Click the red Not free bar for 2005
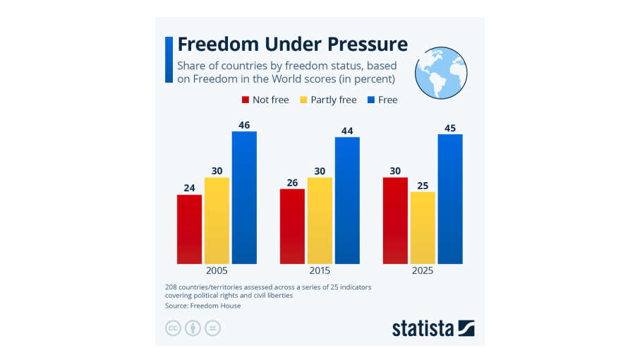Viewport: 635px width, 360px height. point(189,229)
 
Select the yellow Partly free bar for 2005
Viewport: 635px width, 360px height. point(217,220)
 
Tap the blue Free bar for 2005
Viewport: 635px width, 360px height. point(244,198)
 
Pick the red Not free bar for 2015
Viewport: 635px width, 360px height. point(292,226)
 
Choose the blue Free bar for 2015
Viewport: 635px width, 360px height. point(347,200)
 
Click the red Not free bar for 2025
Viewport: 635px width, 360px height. point(395,220)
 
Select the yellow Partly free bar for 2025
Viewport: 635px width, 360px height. point(423,227)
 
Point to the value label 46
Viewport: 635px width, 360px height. point(244,125)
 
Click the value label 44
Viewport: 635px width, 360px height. point(347,131)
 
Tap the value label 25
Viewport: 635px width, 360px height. point(423,186)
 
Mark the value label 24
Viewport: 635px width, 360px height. point(189,188)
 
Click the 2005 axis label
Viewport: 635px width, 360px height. point(217,271)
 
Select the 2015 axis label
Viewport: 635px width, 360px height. point(320,271)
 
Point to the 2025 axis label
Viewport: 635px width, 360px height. point(423,271)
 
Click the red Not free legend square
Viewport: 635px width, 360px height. point(246,100)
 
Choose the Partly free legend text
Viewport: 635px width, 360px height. point(333,100)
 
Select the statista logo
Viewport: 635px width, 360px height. point(433,328)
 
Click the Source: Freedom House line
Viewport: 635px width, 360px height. point(202,306)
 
